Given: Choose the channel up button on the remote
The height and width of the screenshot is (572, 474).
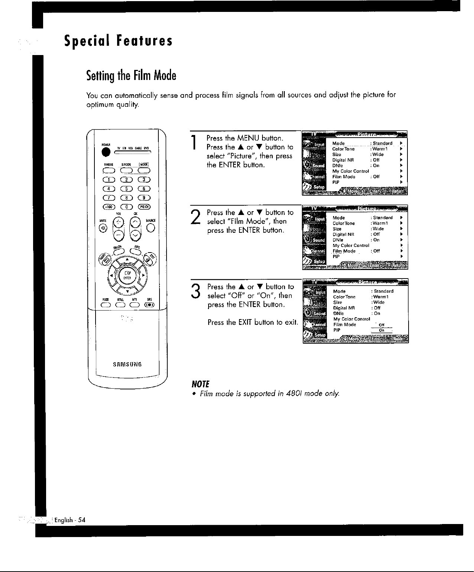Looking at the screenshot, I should tap(136, 222).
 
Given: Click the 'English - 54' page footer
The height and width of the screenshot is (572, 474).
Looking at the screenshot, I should tap(70, 520).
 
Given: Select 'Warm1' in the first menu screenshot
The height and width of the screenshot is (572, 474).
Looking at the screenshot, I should tap(379, 149).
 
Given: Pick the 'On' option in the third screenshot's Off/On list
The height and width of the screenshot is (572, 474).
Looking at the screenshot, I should tap(381, 330).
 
